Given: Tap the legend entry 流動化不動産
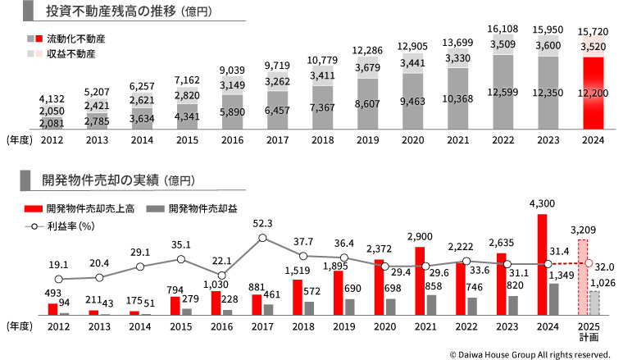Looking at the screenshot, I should pyautogui.click(x=75, y=39).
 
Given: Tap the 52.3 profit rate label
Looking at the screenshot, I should pyautogui.click(x=262, y=222).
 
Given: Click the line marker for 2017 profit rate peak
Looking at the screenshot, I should pyautogui.click(x=262, y=239).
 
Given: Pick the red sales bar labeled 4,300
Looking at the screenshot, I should pyautogui.click(x=541, y=264).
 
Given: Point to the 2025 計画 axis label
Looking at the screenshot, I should pyautogui.click(x=588, y=331).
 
